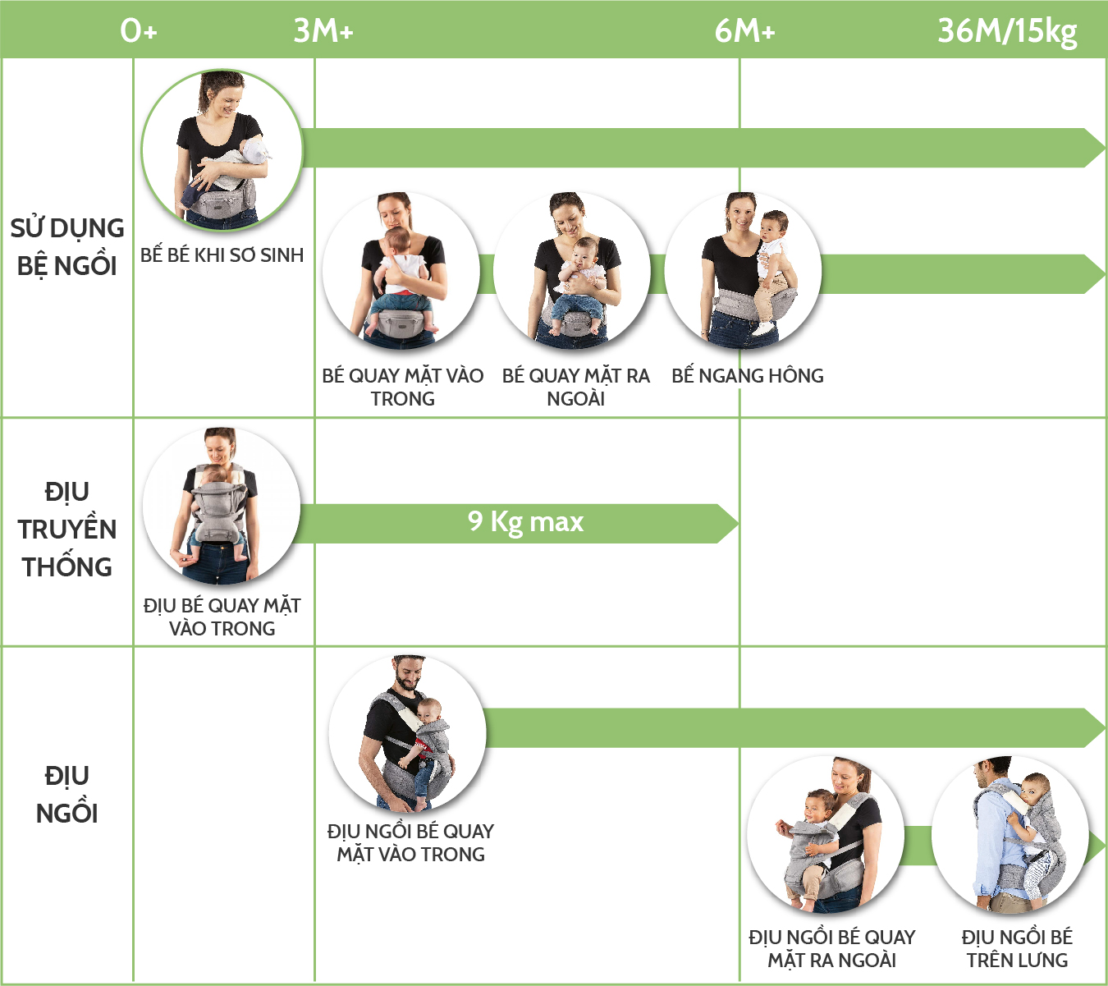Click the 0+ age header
point(138,30)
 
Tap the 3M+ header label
point(323,30)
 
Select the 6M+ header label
point(744,30)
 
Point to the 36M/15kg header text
point(1007,30)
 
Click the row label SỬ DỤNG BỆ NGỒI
point(67,246)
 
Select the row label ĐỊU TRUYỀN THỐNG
point(67,529)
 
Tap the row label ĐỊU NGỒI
point(67,794)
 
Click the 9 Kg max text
point(525,521)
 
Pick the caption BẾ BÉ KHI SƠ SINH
point(222,255)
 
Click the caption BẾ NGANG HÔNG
point(747,376)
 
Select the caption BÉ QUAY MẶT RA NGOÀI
point(575,387)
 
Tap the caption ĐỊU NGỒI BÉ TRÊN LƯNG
point(1017,948)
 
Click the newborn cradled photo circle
point(222,149)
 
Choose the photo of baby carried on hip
point(743,269)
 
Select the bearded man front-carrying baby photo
point(407,733)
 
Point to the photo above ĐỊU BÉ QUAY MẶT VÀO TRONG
point(221,505)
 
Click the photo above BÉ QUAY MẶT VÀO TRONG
point(401,269)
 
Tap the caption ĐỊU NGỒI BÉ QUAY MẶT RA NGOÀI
point(831,948)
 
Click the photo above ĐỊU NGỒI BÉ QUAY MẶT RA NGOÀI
point(826,836)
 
